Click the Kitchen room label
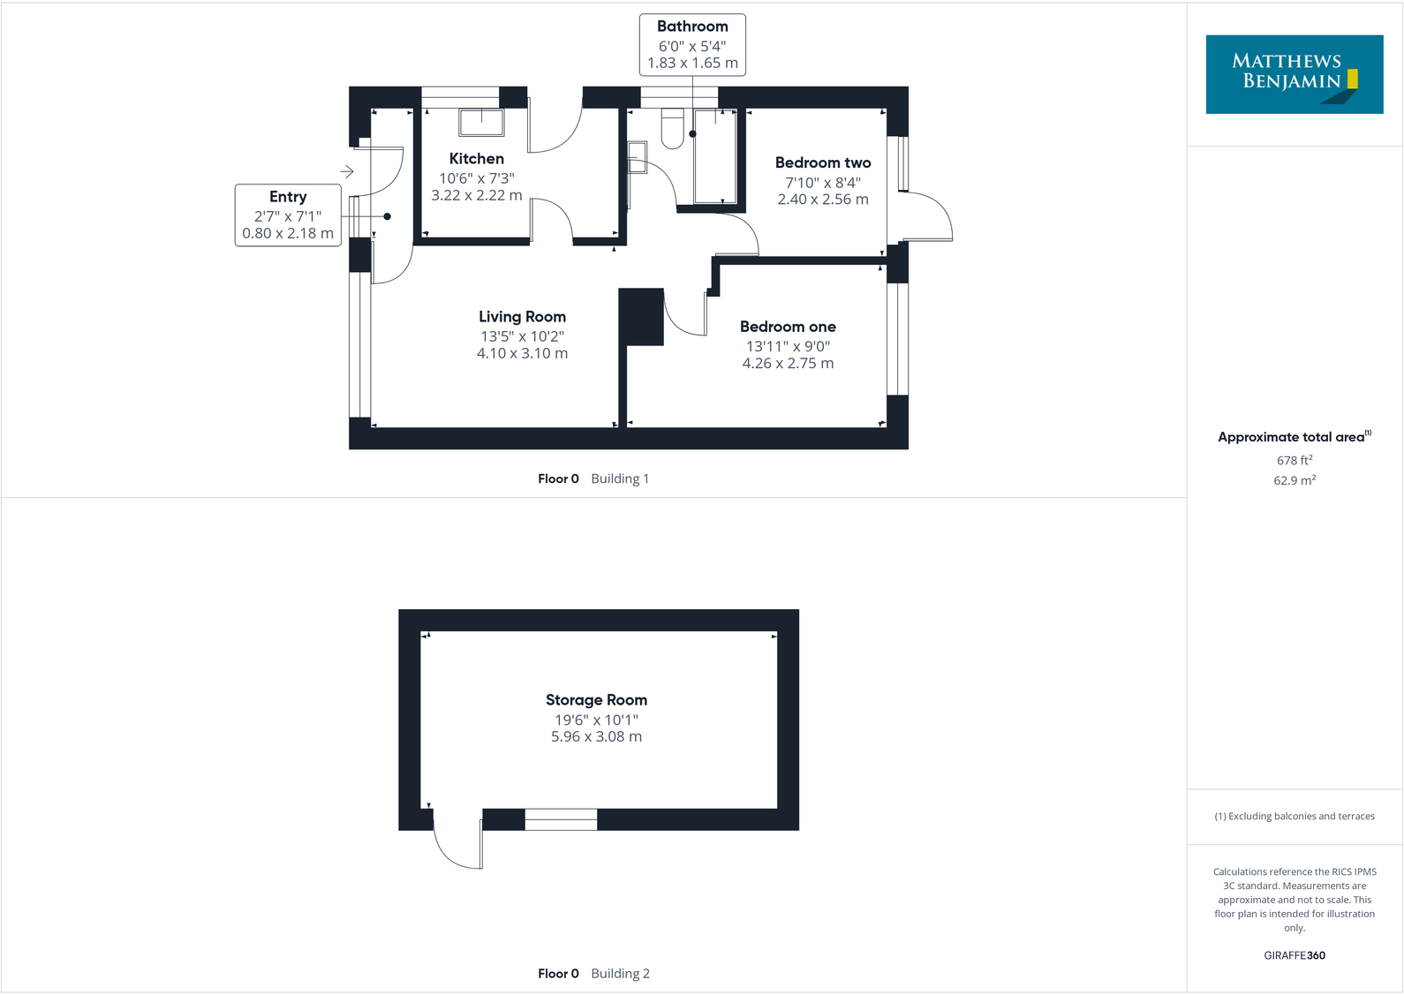[x=476, y=159]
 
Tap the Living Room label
[x=522, y=317]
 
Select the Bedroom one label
[x=788, y=327]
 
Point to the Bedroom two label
[x=822, y=162]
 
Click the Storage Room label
[x=596, y=700]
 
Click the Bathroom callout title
[x=692, y=26]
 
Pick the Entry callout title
[x=288, y=197]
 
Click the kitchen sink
[x=481, y=122]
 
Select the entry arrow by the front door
[x=347, y=171]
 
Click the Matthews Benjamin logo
[x=1294, y=74]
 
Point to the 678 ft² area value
[x=1294, y=460]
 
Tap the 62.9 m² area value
[x=1294, y=480]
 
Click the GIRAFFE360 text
[x=1294, y=955]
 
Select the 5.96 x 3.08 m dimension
[x=596, y=736]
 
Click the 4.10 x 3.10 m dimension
[x=522, y=353]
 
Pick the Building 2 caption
[x=620, y=973]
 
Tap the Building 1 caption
[x=620, y=479]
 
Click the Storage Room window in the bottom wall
[x=561, y=819]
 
